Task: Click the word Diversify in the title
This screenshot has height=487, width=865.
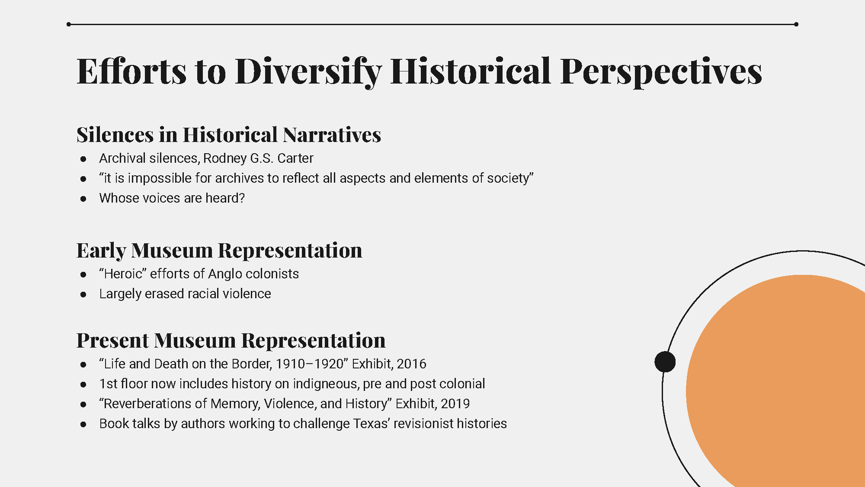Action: tap(308, 71)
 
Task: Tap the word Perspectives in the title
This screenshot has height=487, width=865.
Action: tap(661, 71)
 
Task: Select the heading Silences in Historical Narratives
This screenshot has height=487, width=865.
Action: tap(229, 135)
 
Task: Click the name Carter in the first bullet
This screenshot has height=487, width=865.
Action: tap(295, 158)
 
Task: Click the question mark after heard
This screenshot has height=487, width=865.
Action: tap(242, 198)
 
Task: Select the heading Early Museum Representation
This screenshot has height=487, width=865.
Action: tap(219, 250)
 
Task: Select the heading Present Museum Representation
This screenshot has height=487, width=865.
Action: tap(231, 340)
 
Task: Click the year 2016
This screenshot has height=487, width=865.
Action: tap(411, 364)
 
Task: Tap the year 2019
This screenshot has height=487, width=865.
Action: tap(455, 403)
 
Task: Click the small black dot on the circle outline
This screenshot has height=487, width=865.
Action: tap(665, 362)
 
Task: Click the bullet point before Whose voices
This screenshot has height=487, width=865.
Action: tap(83, 199)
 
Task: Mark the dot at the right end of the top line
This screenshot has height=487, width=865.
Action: tap(796, 24)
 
